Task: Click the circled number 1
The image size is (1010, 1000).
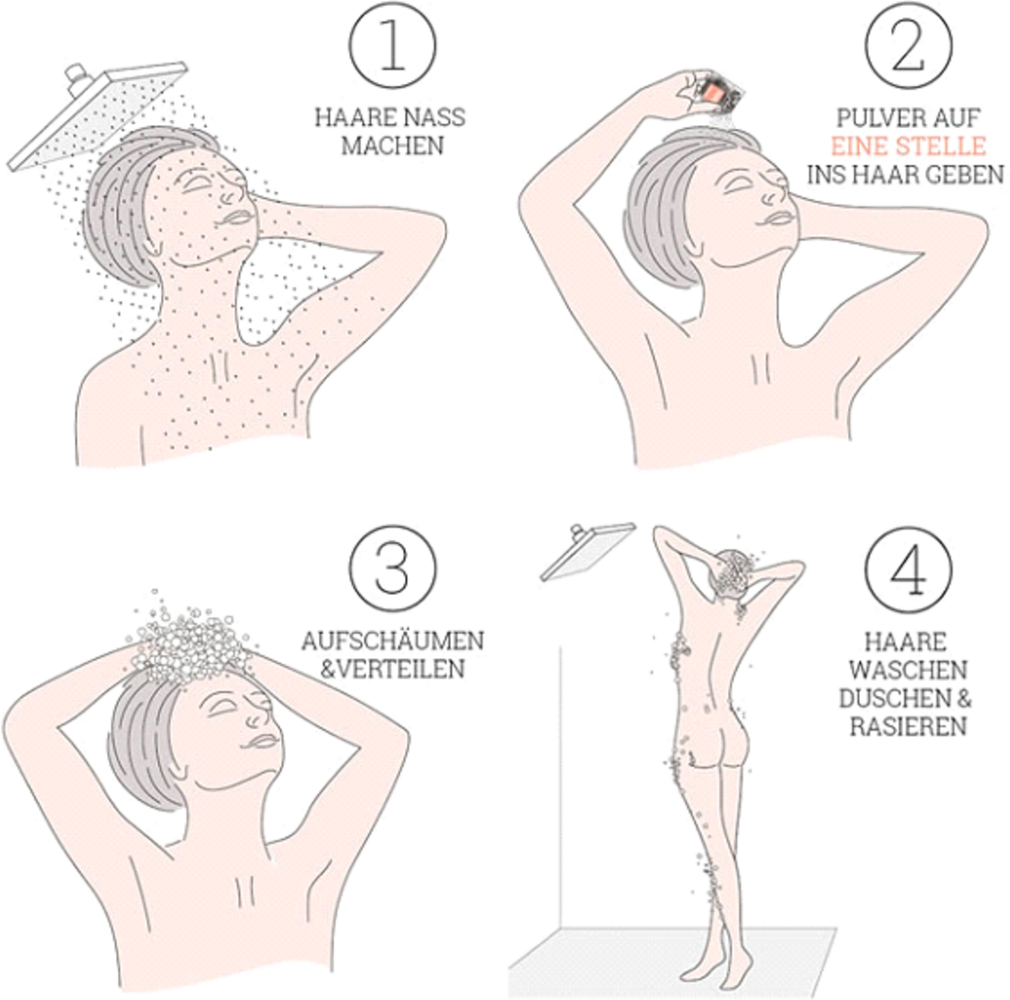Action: pos(392,46)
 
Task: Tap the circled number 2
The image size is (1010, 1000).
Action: pos(908,46)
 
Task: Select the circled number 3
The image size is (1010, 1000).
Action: pos(392,568)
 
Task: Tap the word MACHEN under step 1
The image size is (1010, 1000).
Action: pos(392,146)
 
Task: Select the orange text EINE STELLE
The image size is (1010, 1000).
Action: pos(909,146)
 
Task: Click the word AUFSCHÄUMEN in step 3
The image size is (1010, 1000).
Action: pos(392,641)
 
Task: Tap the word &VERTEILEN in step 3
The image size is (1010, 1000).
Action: pos(392,669)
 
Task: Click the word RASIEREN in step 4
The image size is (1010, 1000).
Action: pos(909,726)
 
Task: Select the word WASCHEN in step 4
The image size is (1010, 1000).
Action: pos(909,670)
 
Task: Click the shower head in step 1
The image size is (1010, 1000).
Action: pos(98,115)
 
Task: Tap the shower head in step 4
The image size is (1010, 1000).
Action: pos(587,550)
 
